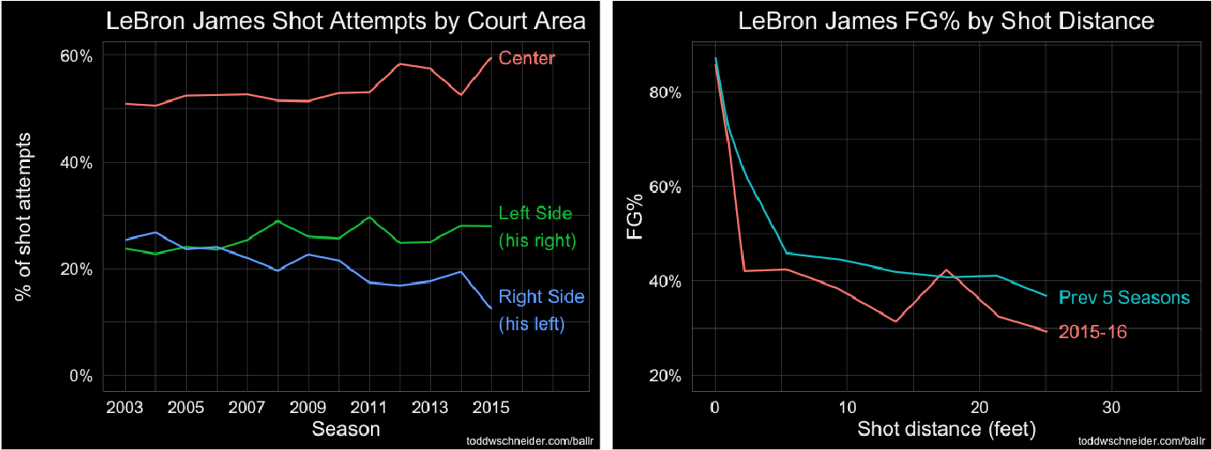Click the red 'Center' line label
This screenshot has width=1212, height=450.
[x=527, y=59]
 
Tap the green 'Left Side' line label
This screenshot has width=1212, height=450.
[x=535, y=213]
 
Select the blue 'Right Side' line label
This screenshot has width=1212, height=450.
[x=541, y=297]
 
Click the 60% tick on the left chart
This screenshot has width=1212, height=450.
[x=75, y=56]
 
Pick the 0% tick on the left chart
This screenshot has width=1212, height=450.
[x=80, y=376]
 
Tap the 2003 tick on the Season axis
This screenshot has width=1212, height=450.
[x=126, y=409]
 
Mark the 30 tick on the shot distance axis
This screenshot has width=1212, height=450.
[x=1112, y=409]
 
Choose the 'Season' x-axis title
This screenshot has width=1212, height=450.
[x=346, y=430]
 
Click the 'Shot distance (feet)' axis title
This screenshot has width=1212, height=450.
[x=947, y=430]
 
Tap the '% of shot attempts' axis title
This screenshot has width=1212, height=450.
[x=24, y=216]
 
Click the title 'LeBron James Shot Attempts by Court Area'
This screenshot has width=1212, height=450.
[x=346, y=22]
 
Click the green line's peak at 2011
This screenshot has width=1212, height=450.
[x=369, y=217]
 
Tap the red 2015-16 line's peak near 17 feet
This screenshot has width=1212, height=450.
[x=946, y=269]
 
